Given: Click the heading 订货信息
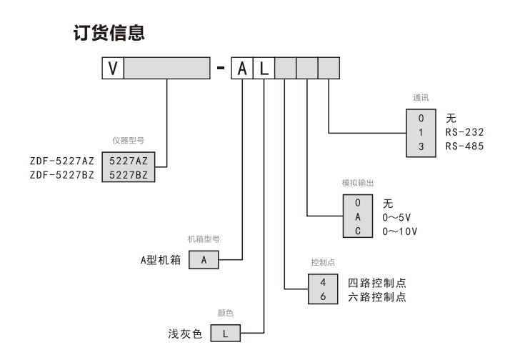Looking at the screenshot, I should pyautogui.click(x=110, y=33).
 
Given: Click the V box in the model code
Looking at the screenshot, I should pyautogui.click(x=113, y=69).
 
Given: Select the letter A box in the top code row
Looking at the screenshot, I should pyautogui.click(x=242, y=69).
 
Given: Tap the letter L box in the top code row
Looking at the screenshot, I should pyautogui.click(x=264, y=69).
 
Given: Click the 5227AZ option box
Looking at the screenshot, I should pyautogui.click(x=128, y=160).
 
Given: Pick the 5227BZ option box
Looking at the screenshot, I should pyautogui.click(x=128, y=174).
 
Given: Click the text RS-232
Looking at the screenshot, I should pyautogui.click(x=464, y=132).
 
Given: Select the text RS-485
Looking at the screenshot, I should pyautogui.click(x=464, y=146).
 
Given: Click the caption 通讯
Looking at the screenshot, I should pyautogui.click(x=421, y=98).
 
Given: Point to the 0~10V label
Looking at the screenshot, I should pyautogui.click(x=400, y=231).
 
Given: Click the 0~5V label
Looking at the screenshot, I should pyautogui.click(x=397, y=217).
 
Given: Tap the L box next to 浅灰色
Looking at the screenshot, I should pyautogui.click(x=225, y=334).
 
